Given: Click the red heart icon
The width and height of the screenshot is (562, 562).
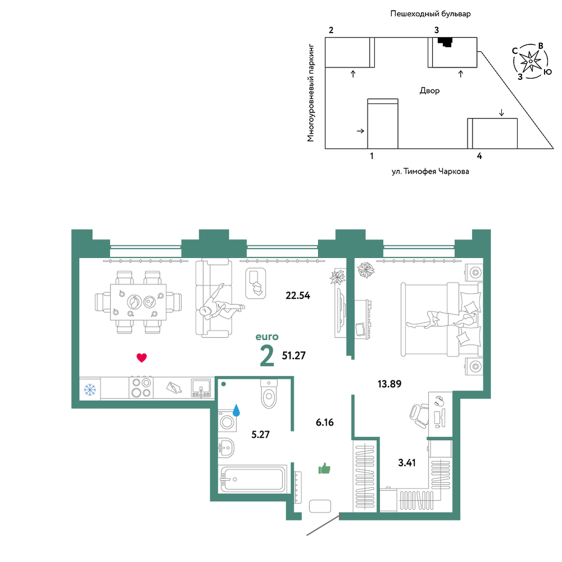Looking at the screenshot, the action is tap(142, 357).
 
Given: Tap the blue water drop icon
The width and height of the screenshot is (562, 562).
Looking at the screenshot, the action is tap(236, 410).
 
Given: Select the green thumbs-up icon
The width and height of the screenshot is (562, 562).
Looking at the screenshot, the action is tap(324, 468).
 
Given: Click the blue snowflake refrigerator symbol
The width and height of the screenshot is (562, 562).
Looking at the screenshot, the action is tap(89, 389).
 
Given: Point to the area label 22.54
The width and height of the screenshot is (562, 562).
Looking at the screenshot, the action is tap(297, 296).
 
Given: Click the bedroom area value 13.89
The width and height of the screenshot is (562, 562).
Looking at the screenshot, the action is tap(389, 384).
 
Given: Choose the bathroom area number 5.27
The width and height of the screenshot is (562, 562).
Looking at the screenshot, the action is tap(261, 434).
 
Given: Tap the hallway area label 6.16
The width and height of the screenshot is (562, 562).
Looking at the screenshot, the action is tap(325, 422).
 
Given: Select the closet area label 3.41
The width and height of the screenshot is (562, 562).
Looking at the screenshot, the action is tap(407, 463).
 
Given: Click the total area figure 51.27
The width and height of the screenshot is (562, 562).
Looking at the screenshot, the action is tap(294, 356).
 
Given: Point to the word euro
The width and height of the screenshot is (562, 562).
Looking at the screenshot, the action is tap(267, 337).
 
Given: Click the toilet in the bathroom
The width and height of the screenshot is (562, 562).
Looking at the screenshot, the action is tap(269, 393).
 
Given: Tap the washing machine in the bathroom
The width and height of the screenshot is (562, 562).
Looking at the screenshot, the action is tap(227, 421).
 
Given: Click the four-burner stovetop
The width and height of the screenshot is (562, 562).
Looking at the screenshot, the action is tap(141, 387).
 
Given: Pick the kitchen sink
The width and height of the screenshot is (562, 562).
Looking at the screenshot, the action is tap(201, 388).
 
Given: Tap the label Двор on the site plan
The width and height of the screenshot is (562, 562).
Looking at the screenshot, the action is tap(429, 90).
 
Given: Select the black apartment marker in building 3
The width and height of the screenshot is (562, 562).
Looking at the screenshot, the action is tap(446, 42).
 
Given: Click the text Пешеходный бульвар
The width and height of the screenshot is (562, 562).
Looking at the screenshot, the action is tap(430, 14).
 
